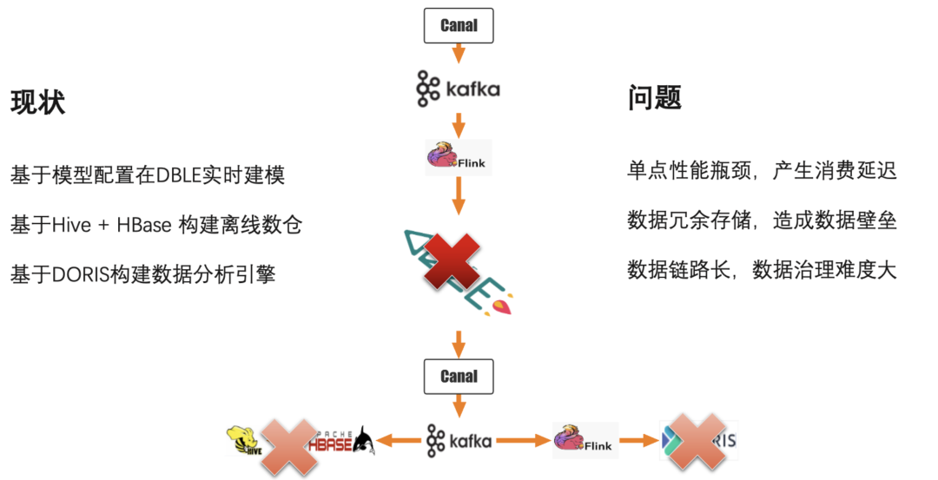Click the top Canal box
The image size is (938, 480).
459,25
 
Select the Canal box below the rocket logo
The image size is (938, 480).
459,376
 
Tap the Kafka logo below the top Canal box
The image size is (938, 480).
458,89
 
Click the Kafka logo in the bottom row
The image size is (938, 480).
459,441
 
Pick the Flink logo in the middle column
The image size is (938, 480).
458,157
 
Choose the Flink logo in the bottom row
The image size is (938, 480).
584,441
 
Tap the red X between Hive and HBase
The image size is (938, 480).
288,445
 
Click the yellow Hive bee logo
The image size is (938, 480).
244,441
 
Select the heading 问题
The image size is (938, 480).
654,98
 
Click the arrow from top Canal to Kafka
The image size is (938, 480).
459,54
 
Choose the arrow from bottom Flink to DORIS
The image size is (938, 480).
637,441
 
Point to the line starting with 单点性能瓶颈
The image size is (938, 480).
761,170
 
